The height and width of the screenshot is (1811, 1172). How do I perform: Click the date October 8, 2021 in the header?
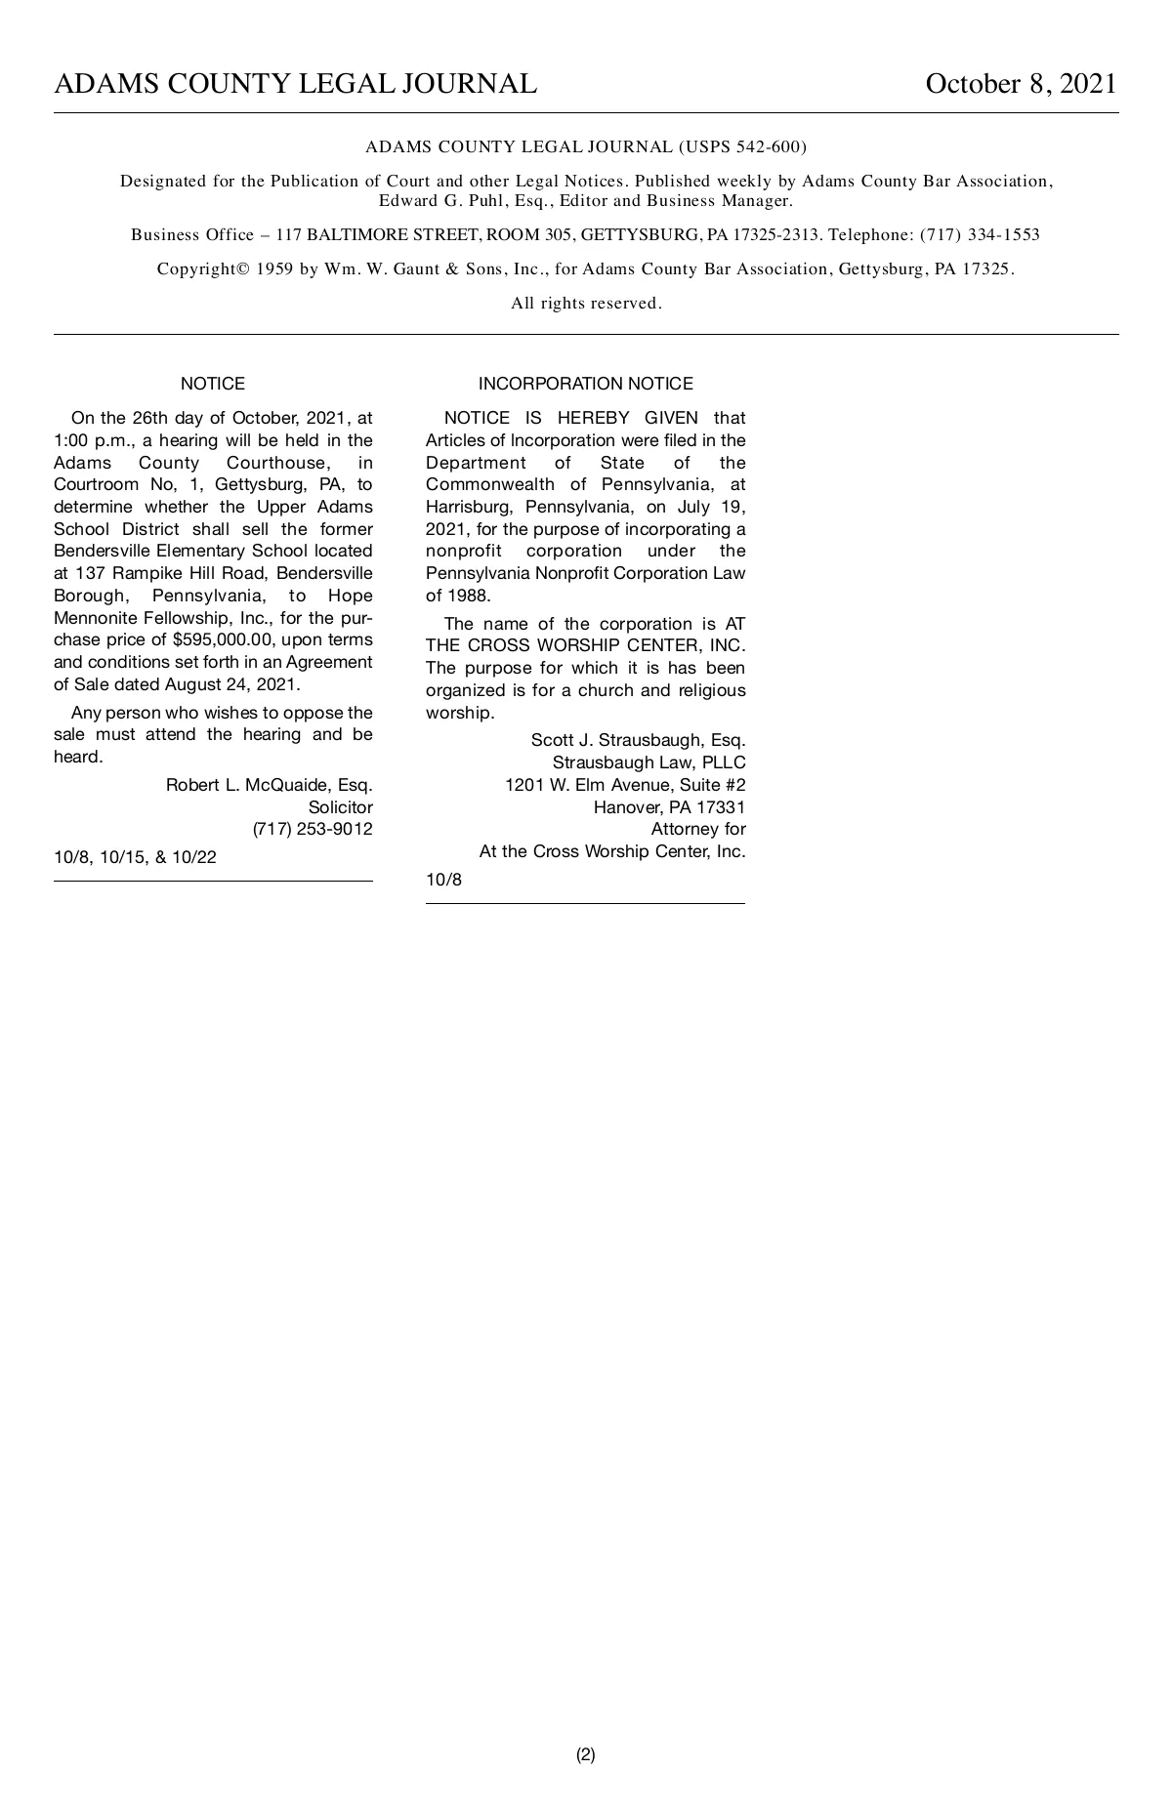tap(1021, 84)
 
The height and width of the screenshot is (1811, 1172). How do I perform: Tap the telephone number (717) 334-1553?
tap(980, 235)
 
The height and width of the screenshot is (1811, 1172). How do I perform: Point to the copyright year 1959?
tap(274, 269)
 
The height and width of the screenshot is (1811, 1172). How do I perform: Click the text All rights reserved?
tap(586, 304)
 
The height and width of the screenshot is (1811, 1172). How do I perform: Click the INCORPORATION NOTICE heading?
tap(585, 384)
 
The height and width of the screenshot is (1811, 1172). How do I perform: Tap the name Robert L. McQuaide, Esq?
tap(269, 785)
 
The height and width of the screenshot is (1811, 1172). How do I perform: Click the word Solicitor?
tap(340, 807)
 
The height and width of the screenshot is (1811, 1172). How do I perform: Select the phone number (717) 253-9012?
tap(313, 830)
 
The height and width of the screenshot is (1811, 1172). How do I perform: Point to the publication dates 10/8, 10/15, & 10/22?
tap(135, 858)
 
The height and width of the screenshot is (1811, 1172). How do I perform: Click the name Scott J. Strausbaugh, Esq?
tap(638, 740)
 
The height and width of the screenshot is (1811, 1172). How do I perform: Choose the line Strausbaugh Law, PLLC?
tap(649, 762)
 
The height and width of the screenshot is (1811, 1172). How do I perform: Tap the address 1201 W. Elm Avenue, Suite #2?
tap(625, 785)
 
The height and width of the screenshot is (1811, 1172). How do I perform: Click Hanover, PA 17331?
tap(669, 807)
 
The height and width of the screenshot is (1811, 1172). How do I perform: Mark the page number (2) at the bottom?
tap(585, 1754)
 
